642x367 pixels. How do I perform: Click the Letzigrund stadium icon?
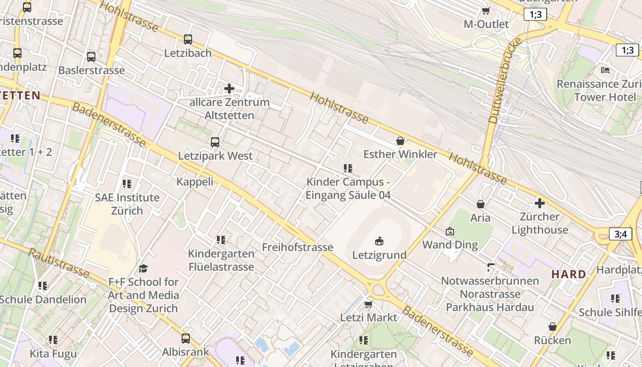379,241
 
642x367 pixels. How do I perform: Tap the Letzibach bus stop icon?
188,39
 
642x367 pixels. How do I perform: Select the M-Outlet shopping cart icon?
486,11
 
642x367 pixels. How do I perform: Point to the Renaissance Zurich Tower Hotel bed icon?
605,70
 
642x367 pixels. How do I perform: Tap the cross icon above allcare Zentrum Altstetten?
229,88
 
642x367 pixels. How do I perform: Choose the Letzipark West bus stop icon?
215,142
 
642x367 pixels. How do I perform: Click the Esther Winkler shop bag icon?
400,140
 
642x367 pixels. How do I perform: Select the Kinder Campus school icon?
348,168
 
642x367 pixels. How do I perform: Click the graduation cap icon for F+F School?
144,268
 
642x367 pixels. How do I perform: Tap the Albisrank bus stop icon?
186,339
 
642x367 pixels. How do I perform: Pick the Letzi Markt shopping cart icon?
368,304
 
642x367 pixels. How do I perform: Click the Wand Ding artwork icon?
450,231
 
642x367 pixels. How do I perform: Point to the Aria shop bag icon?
481,204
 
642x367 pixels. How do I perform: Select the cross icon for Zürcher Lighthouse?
540,203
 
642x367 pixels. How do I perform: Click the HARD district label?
569,274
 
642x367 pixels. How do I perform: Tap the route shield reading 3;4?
620,234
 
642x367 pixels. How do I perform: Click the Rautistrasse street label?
59,263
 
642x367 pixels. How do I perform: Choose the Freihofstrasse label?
298,247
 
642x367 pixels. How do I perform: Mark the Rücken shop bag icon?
553,327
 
